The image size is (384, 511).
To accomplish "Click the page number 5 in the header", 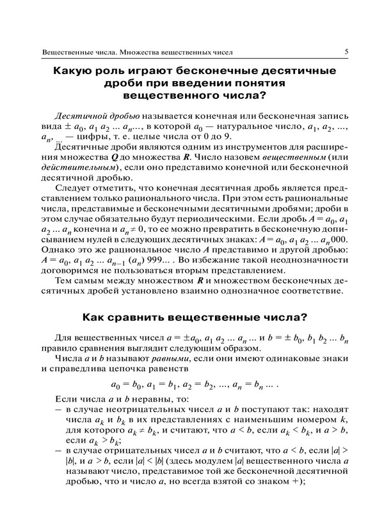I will point(346,51).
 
